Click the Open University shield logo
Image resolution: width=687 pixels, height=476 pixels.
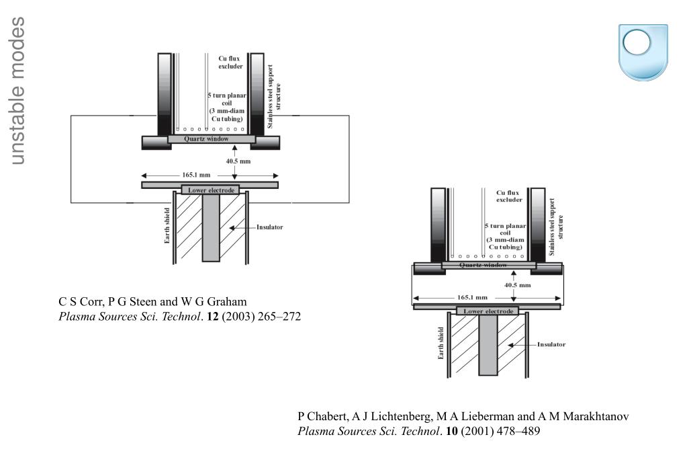pos(643,52)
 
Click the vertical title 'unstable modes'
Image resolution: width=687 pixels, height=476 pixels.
pos(17,91)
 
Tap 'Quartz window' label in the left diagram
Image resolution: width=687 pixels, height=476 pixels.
pos(206,139)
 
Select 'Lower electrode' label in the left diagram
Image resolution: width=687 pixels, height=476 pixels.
pos(211,190)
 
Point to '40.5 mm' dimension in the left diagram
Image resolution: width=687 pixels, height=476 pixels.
pos(238,161)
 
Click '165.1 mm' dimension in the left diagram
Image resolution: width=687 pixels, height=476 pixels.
pos(196,175)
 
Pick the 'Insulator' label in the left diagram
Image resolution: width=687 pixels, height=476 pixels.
pos(269,227)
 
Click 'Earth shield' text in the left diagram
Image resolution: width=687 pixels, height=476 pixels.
pos(167,225)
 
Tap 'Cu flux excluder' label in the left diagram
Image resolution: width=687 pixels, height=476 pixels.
pos(230,63)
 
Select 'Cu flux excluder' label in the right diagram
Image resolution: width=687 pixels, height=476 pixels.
pos(508,196)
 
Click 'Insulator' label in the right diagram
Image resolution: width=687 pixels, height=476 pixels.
pos(551,344)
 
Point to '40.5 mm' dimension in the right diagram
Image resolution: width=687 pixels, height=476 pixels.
pos(518,284)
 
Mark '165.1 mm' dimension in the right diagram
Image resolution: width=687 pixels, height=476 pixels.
pos(472,297)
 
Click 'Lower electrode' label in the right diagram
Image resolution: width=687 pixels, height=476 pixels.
pos(488,311)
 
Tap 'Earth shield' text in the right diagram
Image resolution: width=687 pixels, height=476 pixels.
pos(441,343)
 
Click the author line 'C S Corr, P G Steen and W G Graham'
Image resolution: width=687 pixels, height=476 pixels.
pos(152,302)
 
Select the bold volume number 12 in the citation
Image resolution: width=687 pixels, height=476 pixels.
pos(212,316)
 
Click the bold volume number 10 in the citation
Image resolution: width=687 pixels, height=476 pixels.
pos(452,431)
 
